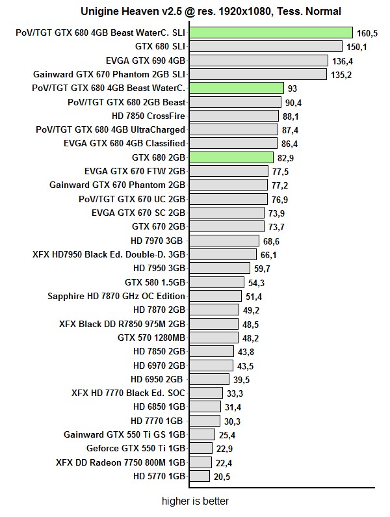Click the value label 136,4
[343, 60]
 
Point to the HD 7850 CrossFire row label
[149, 116]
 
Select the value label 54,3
[255, 283]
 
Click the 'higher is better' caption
[196, 501]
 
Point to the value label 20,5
[222, 477]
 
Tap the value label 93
[292, 88]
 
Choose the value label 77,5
[281, 172]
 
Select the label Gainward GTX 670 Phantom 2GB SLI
[109, 74]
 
